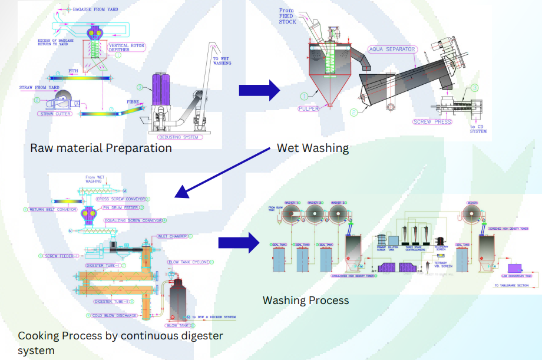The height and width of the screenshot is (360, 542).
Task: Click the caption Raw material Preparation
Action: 101,148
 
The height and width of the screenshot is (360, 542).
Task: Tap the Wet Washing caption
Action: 312,148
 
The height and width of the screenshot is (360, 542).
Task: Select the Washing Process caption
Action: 305,300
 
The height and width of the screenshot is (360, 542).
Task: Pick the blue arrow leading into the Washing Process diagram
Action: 238,243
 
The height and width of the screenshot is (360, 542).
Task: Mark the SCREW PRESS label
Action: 432,122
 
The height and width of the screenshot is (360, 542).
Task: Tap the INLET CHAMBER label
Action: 172,236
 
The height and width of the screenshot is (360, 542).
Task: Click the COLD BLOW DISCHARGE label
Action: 114,315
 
